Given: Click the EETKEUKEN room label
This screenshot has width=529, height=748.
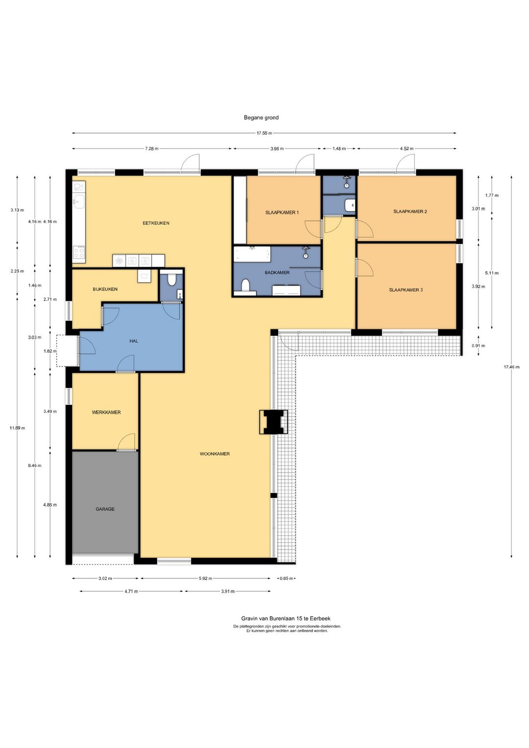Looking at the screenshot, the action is pyautogui.click(x=156, y=223).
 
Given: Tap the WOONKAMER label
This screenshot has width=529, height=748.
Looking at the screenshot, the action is pyautogui.click(x=215, y=454).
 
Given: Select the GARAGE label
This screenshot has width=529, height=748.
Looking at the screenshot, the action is pyautogui.click(x=105, y=509).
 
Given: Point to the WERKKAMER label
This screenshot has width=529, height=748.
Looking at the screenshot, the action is pyautogui.click(x=106, y=412).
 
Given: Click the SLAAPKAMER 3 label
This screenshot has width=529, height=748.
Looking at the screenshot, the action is pyautogui.click(x=406, y=290).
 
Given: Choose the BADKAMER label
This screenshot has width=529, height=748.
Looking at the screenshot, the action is pyautogui.click(x=277, y=273).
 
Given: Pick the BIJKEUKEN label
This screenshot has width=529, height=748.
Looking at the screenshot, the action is pyautogui.click(x=105, y=289).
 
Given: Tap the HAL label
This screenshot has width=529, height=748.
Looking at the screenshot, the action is pyautogui.click(x=134, y=341).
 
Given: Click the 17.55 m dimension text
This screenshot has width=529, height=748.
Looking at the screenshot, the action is pyautogui.click(x=264, y=133).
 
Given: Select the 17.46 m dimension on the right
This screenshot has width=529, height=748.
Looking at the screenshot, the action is pyautogui.click(x=511, y=367).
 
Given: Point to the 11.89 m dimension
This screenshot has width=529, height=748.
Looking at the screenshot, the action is pyautogui.click(x=17, y=428).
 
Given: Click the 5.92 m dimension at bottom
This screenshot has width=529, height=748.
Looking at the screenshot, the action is pyautogui.click(x=205, y=578).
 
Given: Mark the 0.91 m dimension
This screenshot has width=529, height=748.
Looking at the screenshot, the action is pyautogui.click(x=478, y=346).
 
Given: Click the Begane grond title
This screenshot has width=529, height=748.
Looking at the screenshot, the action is pyautogui.click(x=261, y=118).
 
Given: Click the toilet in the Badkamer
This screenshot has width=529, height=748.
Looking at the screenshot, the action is pyautogui.click(x=246, y=285).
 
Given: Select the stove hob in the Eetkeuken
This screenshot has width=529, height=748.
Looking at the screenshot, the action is pyautogui.click(x=79, y=252).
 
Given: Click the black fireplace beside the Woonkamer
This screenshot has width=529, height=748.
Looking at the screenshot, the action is pyautogui.click(x=273, y=422).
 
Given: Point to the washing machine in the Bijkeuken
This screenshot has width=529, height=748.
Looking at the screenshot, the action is pyautogui.click(x=144, y=276).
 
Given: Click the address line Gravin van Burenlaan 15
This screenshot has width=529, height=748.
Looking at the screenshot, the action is pyautogui.click(x=286, y=619).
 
